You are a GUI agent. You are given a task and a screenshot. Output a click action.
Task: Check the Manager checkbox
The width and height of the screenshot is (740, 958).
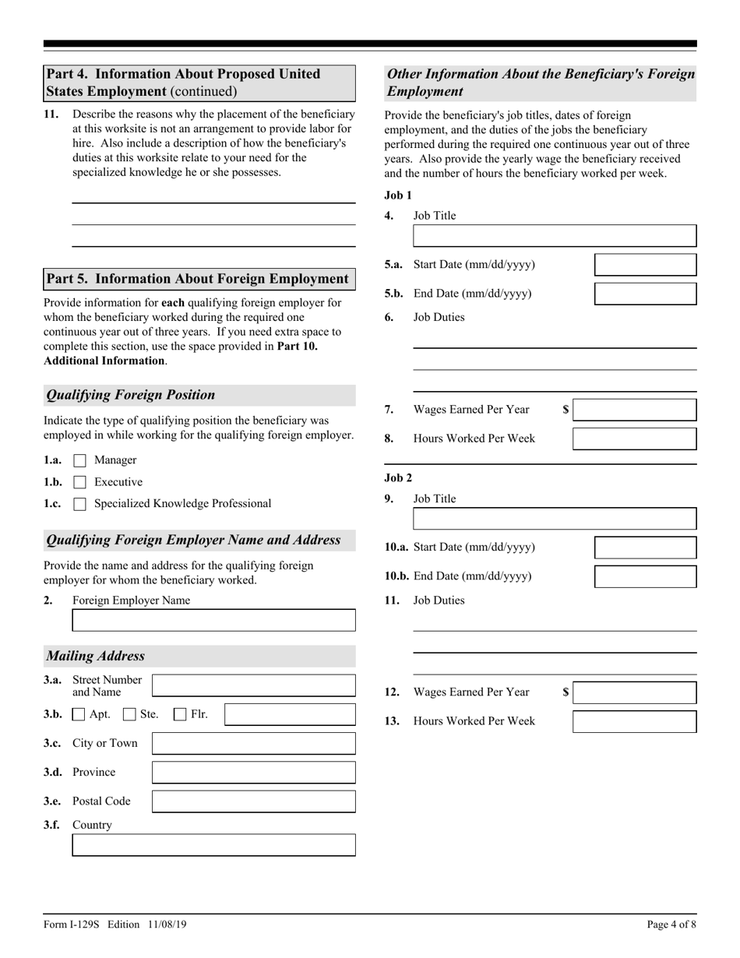pos(79,460)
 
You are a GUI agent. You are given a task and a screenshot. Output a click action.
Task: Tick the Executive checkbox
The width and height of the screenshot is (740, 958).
pos(79,482)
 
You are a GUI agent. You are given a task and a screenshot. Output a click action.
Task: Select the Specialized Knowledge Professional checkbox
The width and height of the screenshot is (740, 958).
pos(79,504)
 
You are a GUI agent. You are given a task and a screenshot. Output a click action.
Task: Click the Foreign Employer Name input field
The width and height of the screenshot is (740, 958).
pos(213,620)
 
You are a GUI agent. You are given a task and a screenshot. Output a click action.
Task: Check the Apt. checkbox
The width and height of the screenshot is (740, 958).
pos(79,714)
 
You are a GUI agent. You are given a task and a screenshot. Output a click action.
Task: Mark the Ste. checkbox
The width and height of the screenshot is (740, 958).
pos(130,714)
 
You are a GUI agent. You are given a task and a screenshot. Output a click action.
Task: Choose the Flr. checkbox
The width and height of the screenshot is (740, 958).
pos(180,714)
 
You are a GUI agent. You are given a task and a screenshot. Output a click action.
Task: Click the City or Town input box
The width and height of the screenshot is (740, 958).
pos(253,743)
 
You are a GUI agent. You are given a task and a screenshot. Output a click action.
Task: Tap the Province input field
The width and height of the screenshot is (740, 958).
pos(253,772)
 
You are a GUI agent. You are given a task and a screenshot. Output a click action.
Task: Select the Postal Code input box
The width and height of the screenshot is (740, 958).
pos(253,801)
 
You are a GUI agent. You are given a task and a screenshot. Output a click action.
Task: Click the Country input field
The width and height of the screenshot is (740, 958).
pos(213,845)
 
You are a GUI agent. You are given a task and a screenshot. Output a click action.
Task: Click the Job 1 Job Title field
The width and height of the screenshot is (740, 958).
pos(554,236)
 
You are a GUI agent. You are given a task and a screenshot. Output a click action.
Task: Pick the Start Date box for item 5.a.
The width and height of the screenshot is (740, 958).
pos(645,265)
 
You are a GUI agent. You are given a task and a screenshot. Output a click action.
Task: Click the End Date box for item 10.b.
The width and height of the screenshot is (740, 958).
pos(645,576)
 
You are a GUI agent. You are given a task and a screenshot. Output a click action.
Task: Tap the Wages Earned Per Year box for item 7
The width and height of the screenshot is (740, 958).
pos(634,410)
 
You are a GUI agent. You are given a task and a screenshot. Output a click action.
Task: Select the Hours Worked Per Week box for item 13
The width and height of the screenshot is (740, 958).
pos(634,721)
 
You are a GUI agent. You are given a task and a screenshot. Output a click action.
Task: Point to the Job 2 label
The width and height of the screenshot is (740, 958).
pos(398,477)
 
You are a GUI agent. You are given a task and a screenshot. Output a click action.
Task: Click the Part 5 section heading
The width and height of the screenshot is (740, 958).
pos(199,279)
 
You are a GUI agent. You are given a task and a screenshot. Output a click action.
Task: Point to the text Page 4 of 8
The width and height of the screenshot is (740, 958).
pos(671,925)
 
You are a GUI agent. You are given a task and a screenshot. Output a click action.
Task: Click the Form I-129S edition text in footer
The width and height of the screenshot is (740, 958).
pos(115,925)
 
